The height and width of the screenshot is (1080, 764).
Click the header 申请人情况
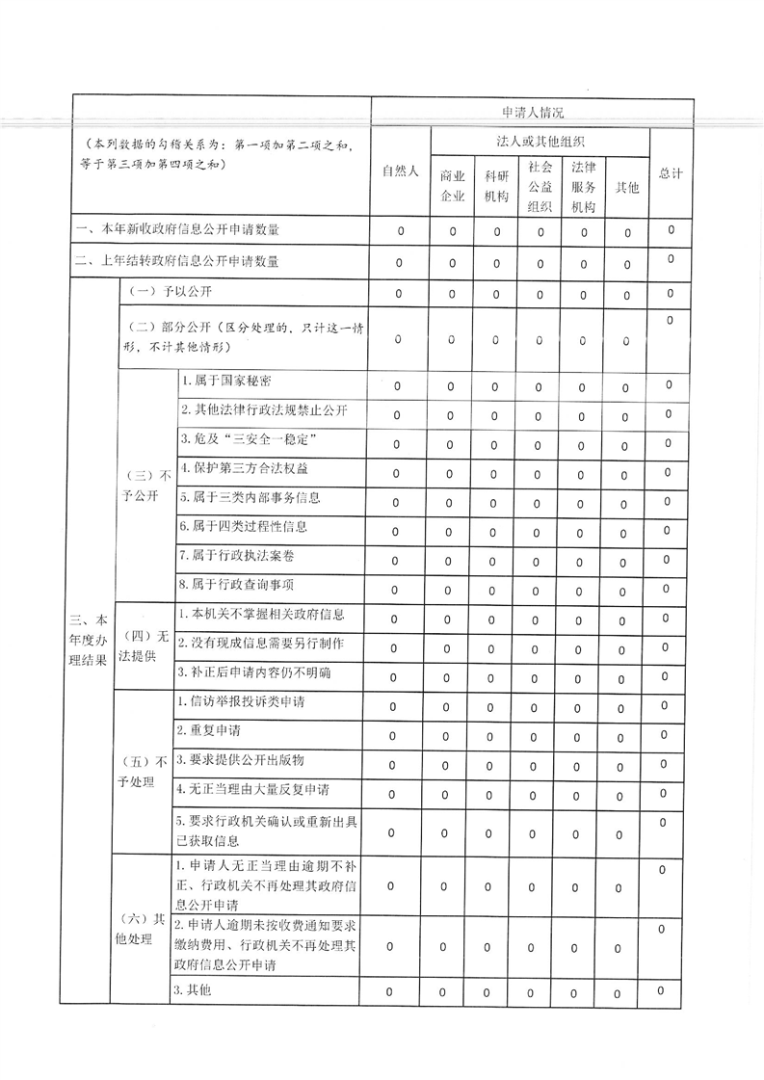(x=533, y=112)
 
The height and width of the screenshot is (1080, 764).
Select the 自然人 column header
(x=400, y=171)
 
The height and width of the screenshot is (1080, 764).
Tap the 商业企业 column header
(x=452, y=186)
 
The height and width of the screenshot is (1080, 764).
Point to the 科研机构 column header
(x=496, y=186)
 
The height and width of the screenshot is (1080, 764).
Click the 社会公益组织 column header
(x=540, y=185)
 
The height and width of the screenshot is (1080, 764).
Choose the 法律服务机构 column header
(x=583, y=185)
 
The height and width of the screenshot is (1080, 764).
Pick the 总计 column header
(x=671, y=173)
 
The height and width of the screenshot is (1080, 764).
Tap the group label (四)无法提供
(x=144, y=643)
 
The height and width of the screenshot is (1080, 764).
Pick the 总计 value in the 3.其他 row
(x=661, y=991)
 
